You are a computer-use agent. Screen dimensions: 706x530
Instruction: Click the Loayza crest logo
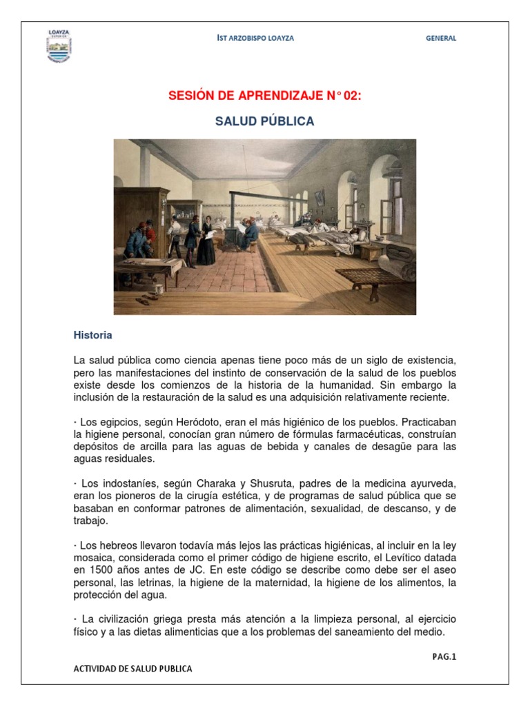[x=59, y=46]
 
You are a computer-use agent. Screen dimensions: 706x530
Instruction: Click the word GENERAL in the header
[x=441, y=39]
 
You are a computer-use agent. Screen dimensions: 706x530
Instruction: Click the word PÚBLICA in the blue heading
[x=286, y=121]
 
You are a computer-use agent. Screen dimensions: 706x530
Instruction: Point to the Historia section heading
[x=93, y=335]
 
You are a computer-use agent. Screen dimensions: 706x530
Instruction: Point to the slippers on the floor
[x=147, y=300]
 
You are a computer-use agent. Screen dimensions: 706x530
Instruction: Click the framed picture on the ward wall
[x=320, y=197]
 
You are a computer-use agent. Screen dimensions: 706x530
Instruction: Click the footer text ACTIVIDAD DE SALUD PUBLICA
[x=132, y=669]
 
